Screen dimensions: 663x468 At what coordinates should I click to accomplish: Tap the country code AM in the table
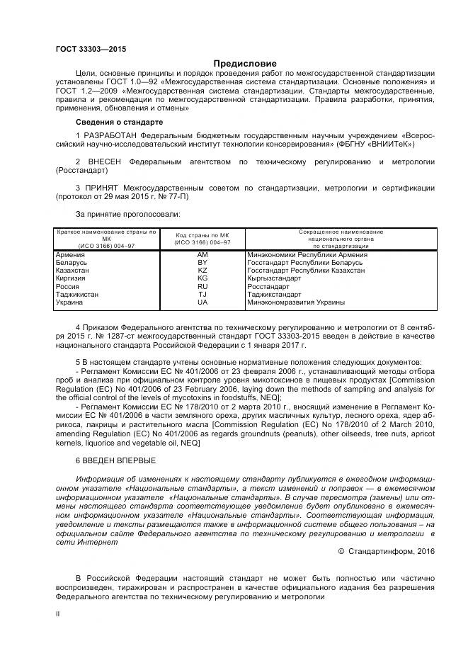click(202, 254)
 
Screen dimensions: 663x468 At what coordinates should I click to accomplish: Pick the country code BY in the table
click(202, 262)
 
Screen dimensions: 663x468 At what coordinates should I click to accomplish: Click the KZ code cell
click(202, 271)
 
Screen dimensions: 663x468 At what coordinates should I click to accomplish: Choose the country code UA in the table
click(202, 302)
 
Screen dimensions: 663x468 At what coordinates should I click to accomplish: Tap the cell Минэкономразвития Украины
click(296, 302)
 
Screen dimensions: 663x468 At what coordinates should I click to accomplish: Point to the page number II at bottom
click(57, 613)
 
